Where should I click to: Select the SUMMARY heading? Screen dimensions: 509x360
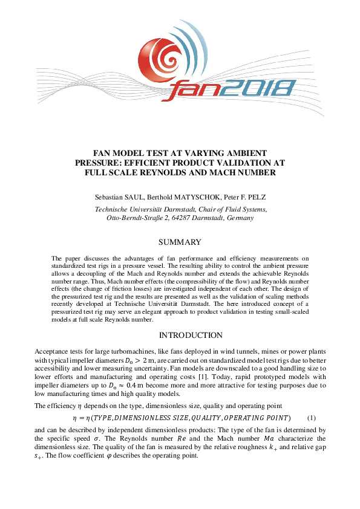coord(180,242)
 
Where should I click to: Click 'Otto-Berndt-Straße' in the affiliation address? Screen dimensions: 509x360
coord(133,218)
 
